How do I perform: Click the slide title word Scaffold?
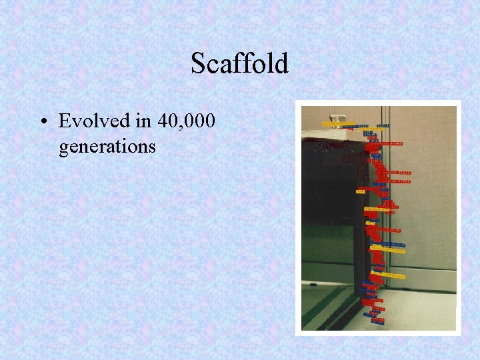pos(239,63)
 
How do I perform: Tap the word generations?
pos(107,145)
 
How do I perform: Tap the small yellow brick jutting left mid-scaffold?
pos(361,192)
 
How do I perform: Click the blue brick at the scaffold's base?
pos(377,321)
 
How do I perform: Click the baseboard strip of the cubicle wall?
pos(427,288)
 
